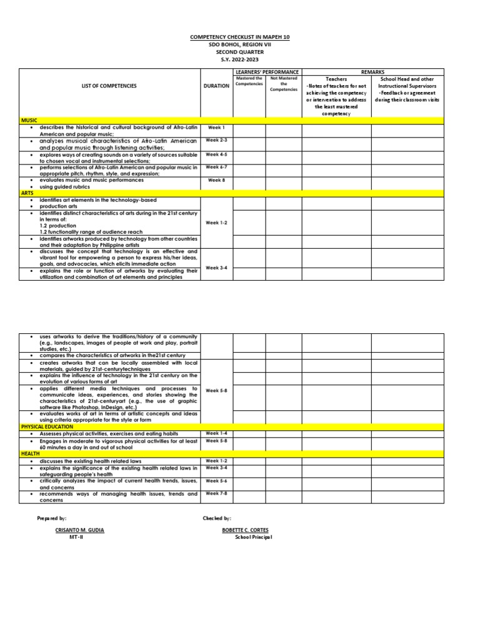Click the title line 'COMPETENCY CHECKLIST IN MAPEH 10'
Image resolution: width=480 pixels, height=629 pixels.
click(x=240, y=38)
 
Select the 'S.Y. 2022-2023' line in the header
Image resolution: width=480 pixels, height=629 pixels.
click(x=240, y=59)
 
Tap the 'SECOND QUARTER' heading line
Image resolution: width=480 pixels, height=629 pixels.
click(x=240, y=52)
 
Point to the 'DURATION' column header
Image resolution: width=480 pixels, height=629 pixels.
click(x=217, y=86)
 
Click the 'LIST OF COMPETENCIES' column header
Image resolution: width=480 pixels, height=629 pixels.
click(x=109, y=86)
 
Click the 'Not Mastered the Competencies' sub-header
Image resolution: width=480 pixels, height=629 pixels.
click(x=283, y=84)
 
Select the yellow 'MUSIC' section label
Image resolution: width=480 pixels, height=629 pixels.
click(x=29, y=119)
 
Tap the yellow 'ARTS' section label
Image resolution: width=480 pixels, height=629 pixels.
click(x=28, y=193)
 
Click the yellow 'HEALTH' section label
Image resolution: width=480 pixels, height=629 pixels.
click(x=30, y=453)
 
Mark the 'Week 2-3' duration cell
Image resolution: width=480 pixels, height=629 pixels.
click(x=216, y=140)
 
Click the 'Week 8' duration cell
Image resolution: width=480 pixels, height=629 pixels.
click(x=216, y=180)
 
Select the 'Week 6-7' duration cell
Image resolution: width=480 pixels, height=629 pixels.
click(x=216, y=167)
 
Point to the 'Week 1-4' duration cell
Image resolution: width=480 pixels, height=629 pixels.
click(x=216, y=433)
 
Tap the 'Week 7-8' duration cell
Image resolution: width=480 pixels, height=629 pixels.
click(x=216, y=493)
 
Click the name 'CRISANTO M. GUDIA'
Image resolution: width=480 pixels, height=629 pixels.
click(x=79, y=530)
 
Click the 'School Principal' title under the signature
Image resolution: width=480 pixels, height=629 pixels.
click(x=253, y=537)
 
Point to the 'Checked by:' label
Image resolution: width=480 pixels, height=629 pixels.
click(x=217, y=518)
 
